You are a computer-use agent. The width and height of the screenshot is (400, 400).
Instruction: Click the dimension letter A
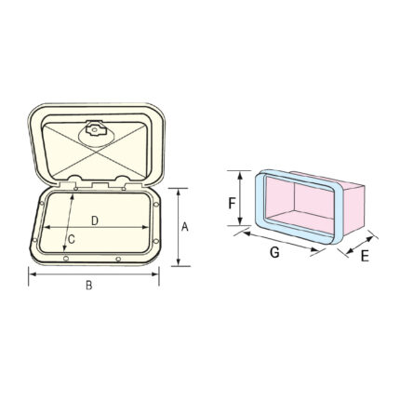(x=185, y=227)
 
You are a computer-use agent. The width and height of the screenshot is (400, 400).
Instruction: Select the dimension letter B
(x=89, y=286)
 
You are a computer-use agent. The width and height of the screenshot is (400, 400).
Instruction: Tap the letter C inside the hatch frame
(x=72, y=239)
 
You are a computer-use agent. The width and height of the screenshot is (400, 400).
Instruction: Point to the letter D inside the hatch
(x=95, y=220)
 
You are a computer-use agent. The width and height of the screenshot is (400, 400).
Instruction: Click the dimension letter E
(x=365, y=256)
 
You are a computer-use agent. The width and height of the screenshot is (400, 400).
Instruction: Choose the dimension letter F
(x=233, y=204)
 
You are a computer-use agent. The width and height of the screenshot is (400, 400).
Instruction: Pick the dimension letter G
(x=274, y=252)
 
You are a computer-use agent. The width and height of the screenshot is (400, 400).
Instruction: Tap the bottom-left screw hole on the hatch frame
(x=65, y=259)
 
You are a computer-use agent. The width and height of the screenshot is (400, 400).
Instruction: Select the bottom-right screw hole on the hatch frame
(x=117, y=259)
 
